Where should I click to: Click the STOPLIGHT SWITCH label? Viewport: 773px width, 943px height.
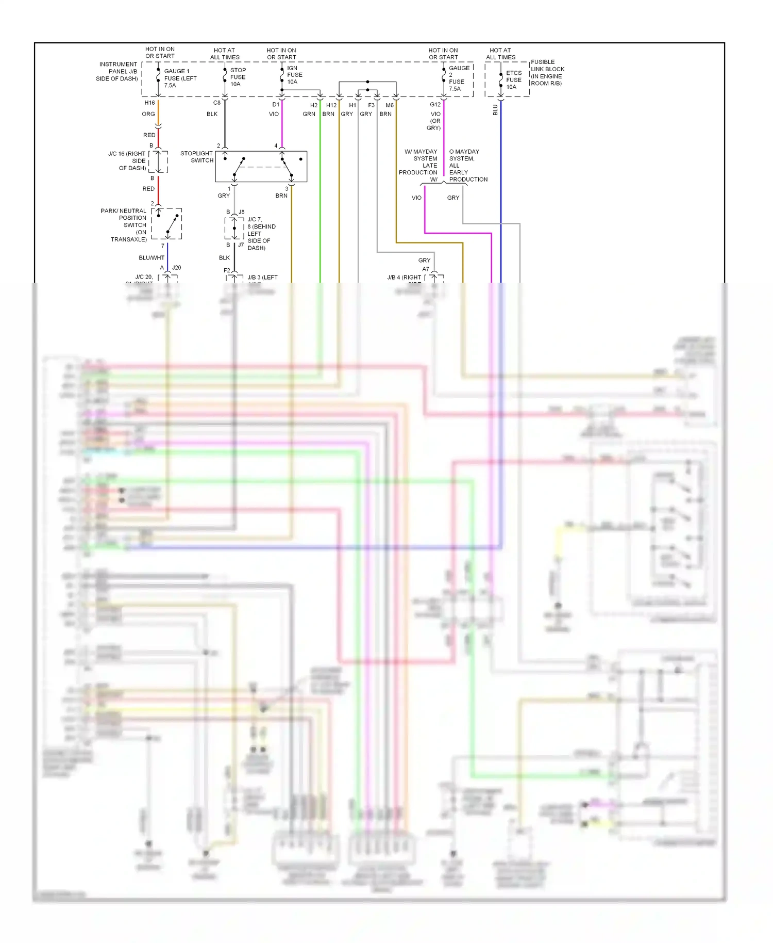coord(197,157)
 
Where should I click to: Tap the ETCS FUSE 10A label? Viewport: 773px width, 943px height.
coord(513,80)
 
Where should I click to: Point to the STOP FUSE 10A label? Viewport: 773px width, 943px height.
coord(238,77)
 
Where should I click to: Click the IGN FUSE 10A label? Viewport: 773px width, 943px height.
coord(294,75)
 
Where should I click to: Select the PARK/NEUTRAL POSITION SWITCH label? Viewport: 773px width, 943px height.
coord(125,225)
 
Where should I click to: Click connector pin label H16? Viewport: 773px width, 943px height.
coord(149,103)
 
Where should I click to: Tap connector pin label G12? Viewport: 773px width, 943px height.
coord(435,104)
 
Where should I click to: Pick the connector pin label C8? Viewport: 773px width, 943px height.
coord(217,103)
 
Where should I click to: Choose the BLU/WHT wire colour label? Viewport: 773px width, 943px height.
coord(152,257)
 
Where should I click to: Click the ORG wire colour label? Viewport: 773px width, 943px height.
coord(148,114)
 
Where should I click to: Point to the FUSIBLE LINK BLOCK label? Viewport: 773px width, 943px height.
coord(547,72)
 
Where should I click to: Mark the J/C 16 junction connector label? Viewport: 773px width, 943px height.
coord(128,160)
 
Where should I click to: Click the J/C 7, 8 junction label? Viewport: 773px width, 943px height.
coord(261,233)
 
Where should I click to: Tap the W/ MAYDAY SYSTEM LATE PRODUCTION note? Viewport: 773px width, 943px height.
coord(418,162)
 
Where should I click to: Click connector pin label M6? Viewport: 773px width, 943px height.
coord(390,105)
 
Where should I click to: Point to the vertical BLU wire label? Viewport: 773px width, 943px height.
coord(495,110)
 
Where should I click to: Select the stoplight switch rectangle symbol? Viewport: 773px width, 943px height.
coord(261,166)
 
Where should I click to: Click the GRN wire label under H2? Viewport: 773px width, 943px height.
coord(309,114)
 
